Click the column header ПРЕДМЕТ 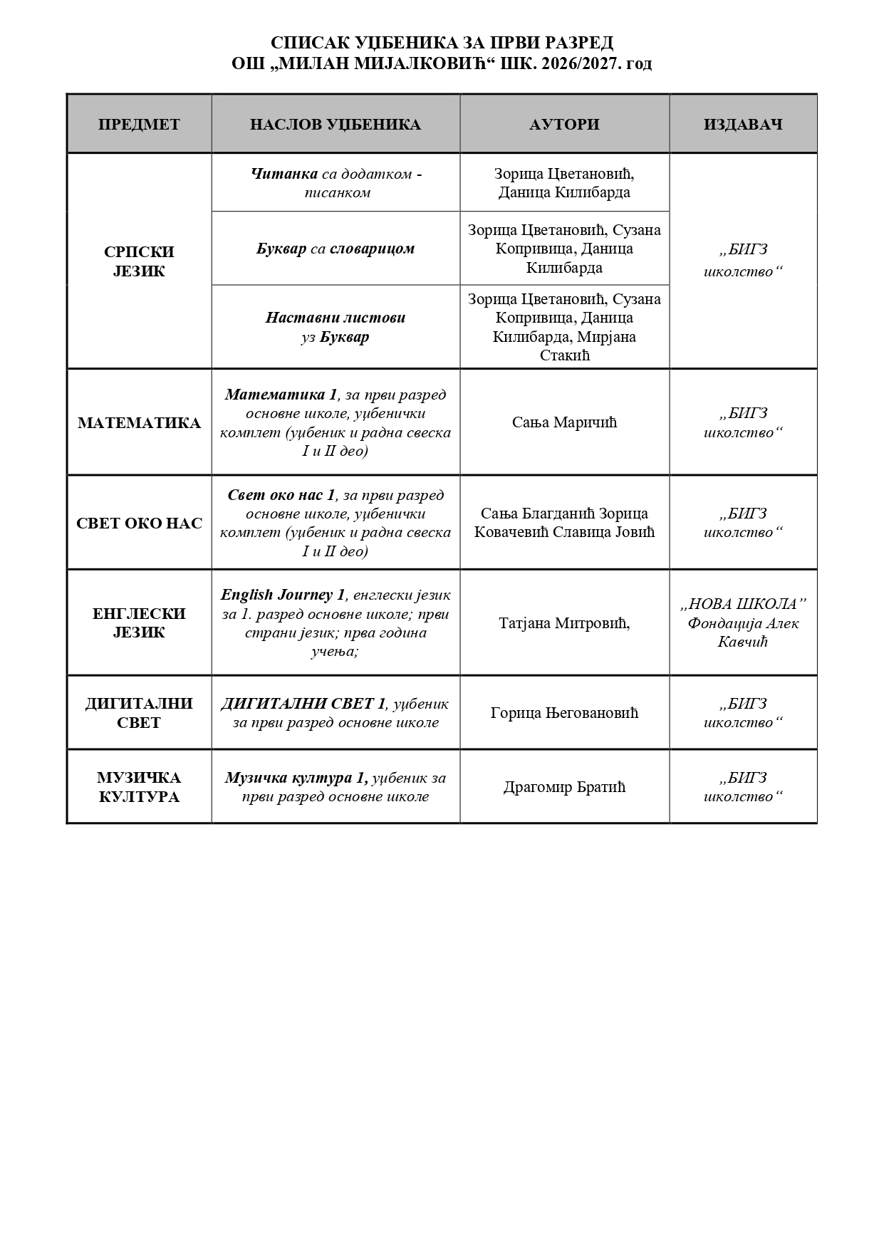(x=139, y=125)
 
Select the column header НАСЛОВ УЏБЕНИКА (x=335, y=125)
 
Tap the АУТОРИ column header (x=564, y=125)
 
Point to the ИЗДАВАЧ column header (x=743, y=125)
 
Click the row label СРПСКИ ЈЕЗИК (x=139, y=261)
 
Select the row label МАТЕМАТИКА (x=139, y=423)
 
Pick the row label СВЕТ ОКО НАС (x=139, y=524)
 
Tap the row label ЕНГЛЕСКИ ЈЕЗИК (x=139, y=623)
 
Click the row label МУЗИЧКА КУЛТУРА (x=139, y=787)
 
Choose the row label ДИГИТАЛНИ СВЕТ (x=139, y=713)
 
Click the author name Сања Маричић (x=564, y=423)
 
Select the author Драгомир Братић (x=564, y=787)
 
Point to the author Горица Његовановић (x=564, y=713)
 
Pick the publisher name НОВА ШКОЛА (x=743, y=605)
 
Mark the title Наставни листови (x=335, y=318)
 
